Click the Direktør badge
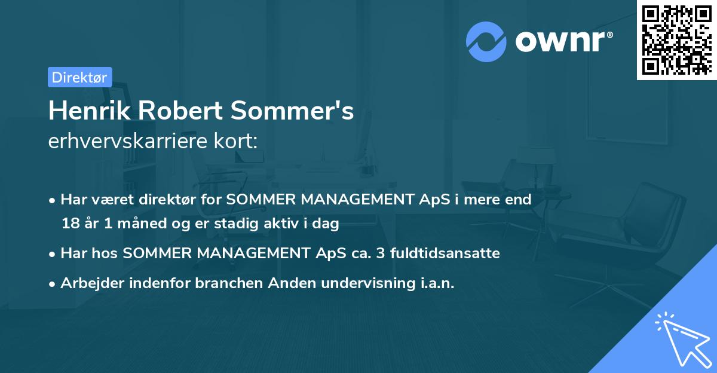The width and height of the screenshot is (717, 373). click(79, 77)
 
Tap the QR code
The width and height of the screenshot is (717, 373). click(676, 40)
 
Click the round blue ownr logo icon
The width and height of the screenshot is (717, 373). click(486, 41)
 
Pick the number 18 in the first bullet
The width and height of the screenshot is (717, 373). click(69, 224)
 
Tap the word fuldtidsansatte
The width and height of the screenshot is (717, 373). click(446, 253)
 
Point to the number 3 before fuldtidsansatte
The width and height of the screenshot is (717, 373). click(383, 253)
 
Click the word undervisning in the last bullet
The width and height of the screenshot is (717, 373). click(363, 283)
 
